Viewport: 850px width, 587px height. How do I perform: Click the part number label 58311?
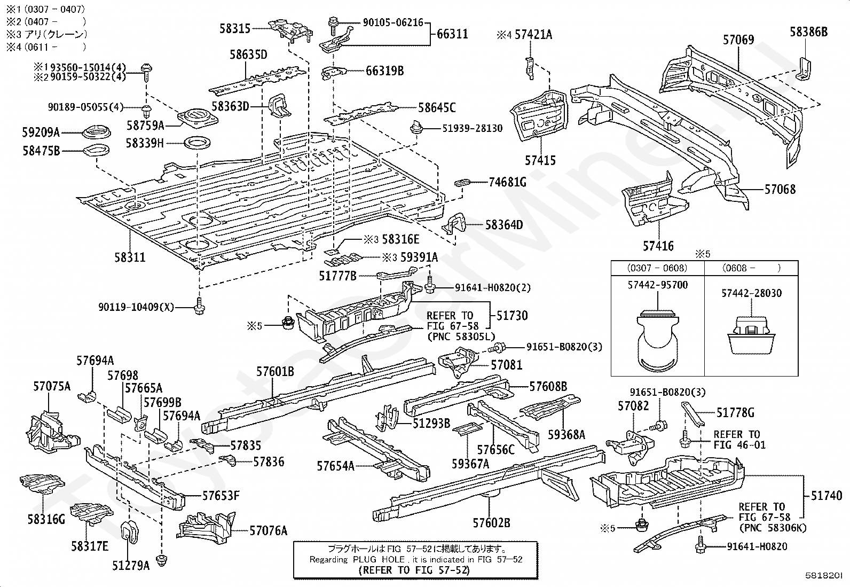pos(130,257)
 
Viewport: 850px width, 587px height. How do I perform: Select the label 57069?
pos(738,40)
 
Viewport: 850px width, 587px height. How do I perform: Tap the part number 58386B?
pos(808,32)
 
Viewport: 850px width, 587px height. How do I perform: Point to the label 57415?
pos(540,160)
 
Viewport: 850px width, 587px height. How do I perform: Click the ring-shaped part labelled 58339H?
pos(197,143)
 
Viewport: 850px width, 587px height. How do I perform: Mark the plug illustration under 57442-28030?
pos(751,334)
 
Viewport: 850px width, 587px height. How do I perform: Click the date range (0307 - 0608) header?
pos(657,268)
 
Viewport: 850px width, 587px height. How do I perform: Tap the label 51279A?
pos(131,565)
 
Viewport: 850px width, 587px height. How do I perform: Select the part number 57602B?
pos(491,522)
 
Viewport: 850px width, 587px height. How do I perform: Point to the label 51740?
pos(826,496)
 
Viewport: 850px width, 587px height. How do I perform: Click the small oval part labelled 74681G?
pos(462,183)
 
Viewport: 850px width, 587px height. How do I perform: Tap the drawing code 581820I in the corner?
pos(827,576)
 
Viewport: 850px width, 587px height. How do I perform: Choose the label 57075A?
pos(52,386)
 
